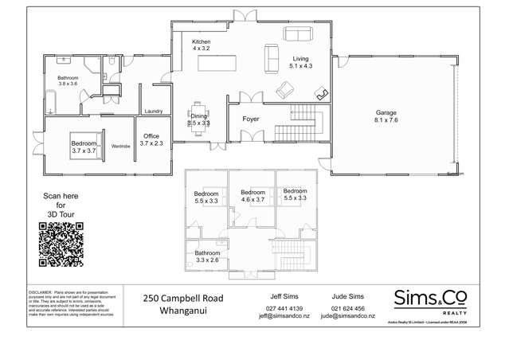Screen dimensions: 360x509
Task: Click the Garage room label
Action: pos(386,112)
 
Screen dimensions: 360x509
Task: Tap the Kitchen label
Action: pos(201,41)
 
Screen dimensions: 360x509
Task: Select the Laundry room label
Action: pos(154,112)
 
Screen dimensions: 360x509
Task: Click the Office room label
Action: pos(151,135)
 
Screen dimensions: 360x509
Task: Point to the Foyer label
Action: pos(251,119)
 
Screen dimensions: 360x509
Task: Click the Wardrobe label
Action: pos(121,146)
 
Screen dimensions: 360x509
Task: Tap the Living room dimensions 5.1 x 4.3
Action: pos(300,67)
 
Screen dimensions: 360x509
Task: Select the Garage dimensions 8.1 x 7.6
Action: pos(386,120)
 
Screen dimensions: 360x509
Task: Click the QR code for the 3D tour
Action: pos(61,245)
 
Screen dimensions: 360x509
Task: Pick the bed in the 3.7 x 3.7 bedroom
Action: pos(83,145)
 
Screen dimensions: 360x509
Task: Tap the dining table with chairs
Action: pos(198,116)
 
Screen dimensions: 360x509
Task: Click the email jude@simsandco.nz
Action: pos(347,315)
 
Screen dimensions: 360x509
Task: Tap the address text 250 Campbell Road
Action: pos(183,298)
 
